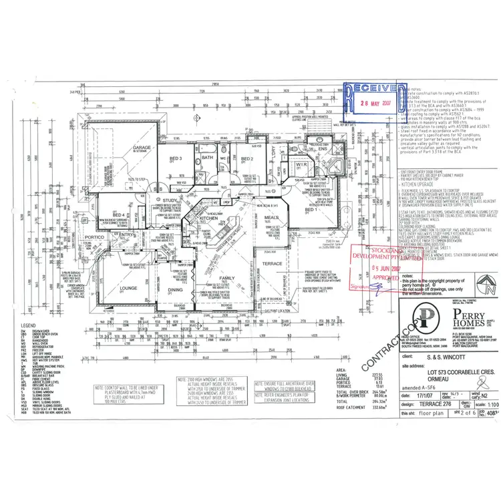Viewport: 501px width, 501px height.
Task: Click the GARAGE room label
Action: [141, 148]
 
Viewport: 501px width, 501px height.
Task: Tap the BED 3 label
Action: [176, 158]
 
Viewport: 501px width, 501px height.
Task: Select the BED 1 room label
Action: [310, 210]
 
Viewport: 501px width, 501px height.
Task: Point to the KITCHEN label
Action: [209, 218]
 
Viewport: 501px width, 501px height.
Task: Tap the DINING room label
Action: [175, 289]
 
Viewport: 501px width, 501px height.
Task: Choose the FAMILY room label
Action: [227, 277]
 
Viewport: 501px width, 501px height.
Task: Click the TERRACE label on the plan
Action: [291, 246]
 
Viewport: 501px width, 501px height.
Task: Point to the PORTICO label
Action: [94, 237]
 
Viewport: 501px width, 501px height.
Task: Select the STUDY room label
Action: [169, 200]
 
